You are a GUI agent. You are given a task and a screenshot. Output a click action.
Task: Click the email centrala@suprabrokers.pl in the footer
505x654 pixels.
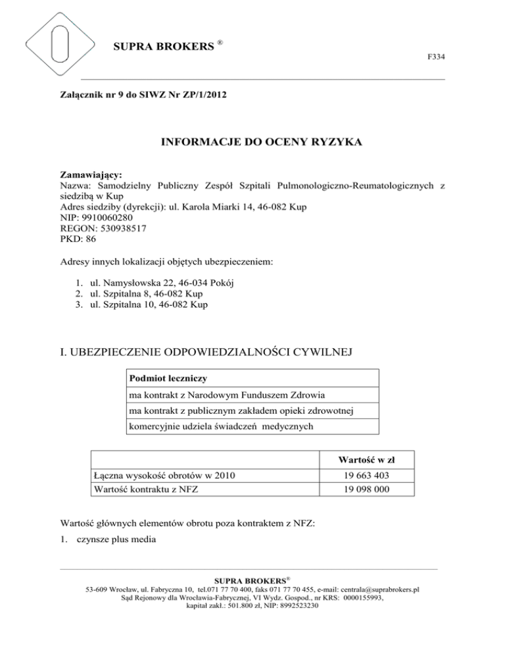tap(374, 590)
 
